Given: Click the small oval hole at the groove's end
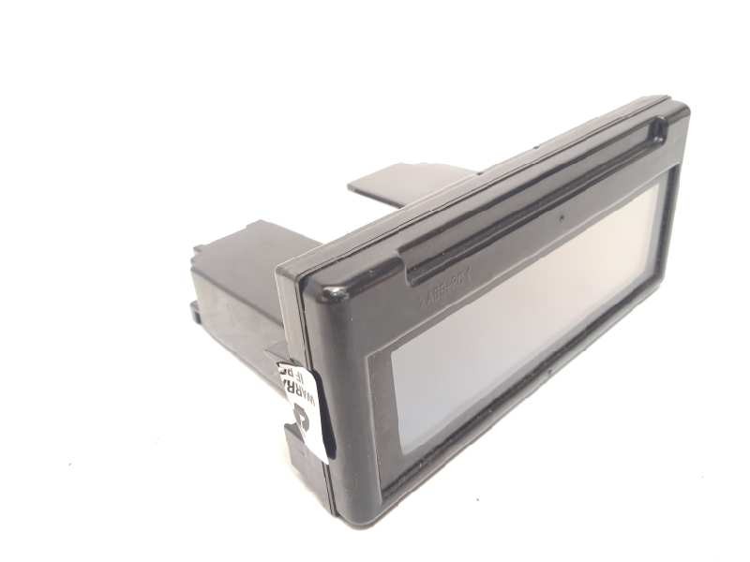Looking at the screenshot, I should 659,128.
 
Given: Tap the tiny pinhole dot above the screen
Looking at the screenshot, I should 562,222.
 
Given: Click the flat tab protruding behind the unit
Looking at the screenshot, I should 403,184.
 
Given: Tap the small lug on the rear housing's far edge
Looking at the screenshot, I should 199,251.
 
